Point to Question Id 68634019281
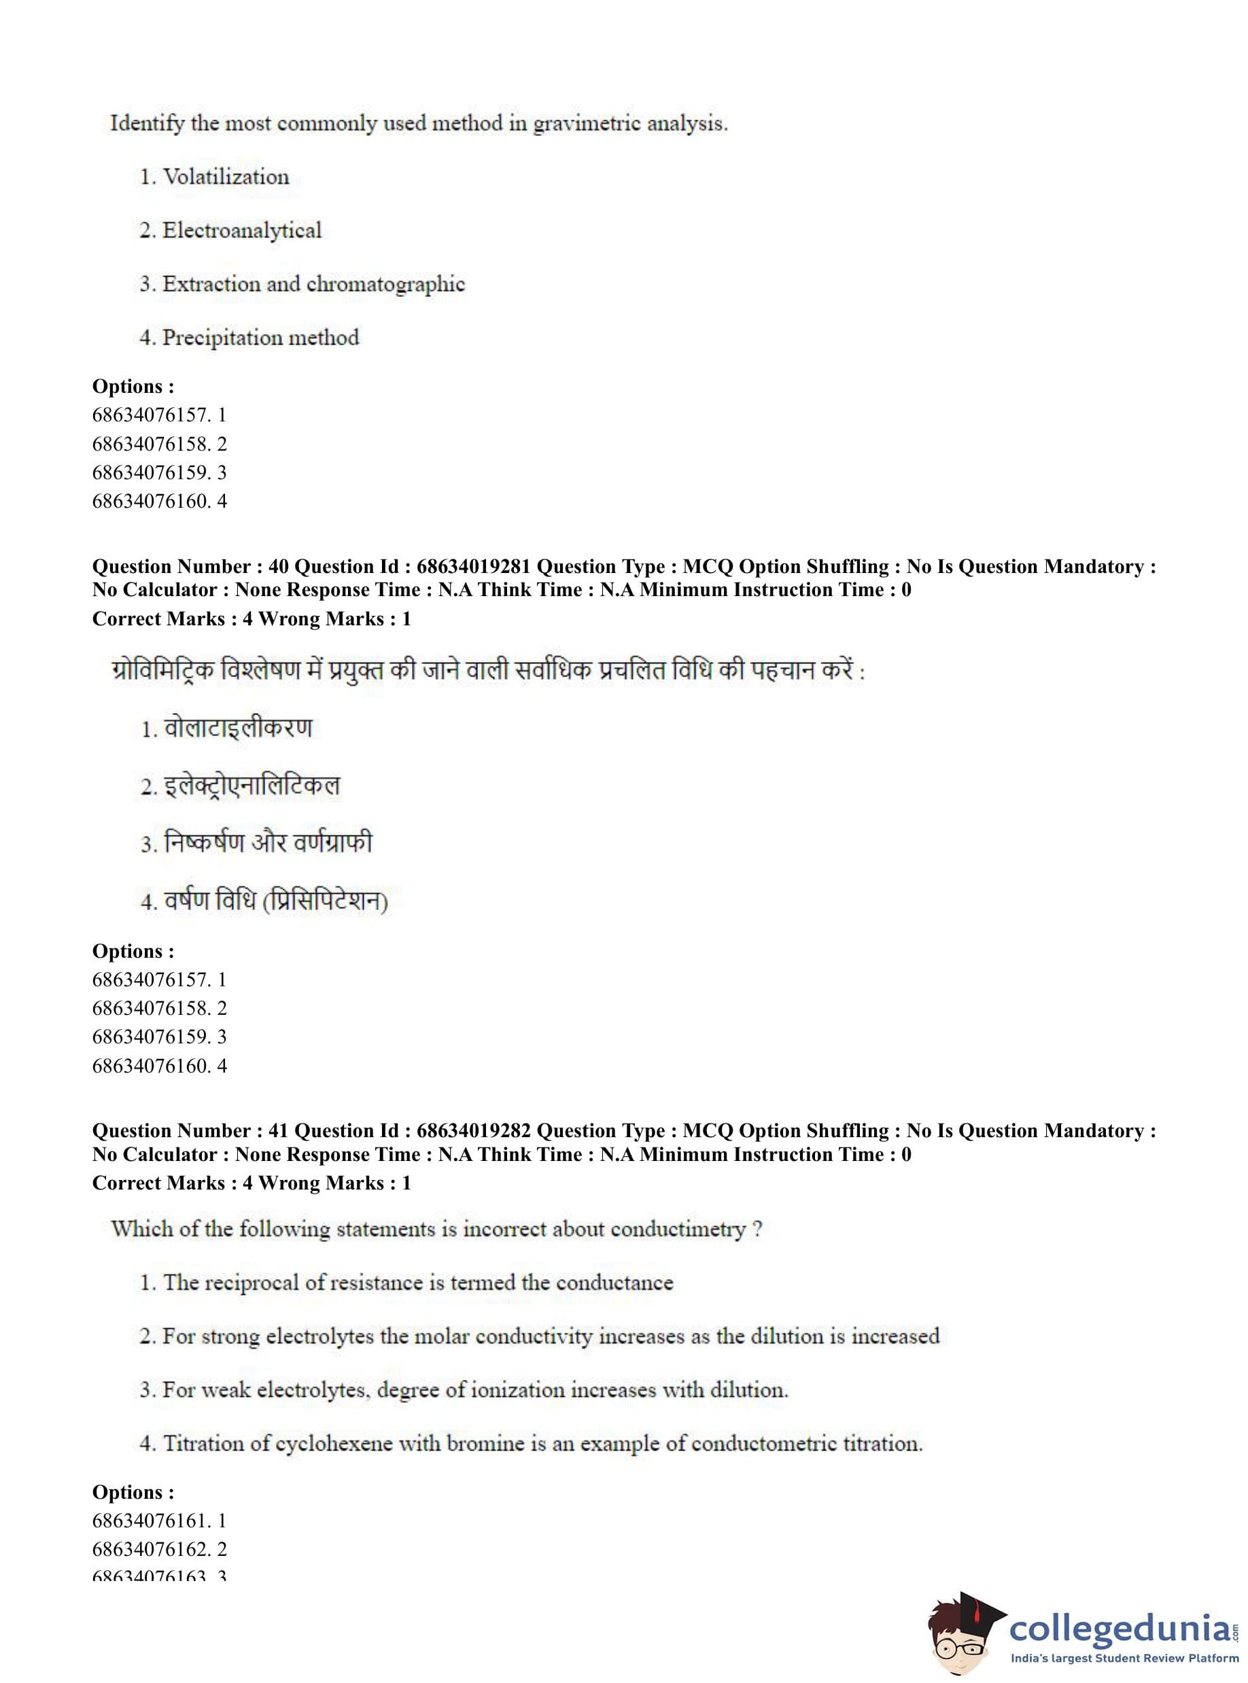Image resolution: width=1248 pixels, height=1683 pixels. (474, 566)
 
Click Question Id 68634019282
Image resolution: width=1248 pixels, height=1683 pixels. (474, 1131)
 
